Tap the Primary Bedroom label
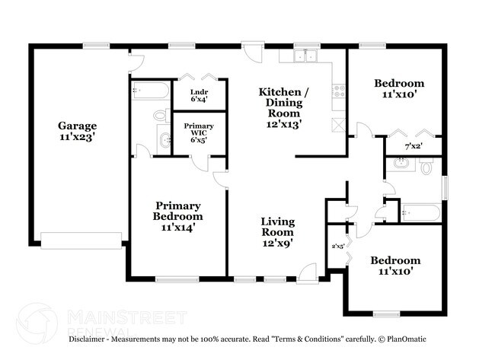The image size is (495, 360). [178, 216]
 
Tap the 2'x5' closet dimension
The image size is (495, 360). [337, 246]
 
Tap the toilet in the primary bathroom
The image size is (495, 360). [161, 116]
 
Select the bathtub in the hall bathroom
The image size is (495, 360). [418, 212]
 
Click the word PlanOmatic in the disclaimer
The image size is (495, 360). [405, 339]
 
